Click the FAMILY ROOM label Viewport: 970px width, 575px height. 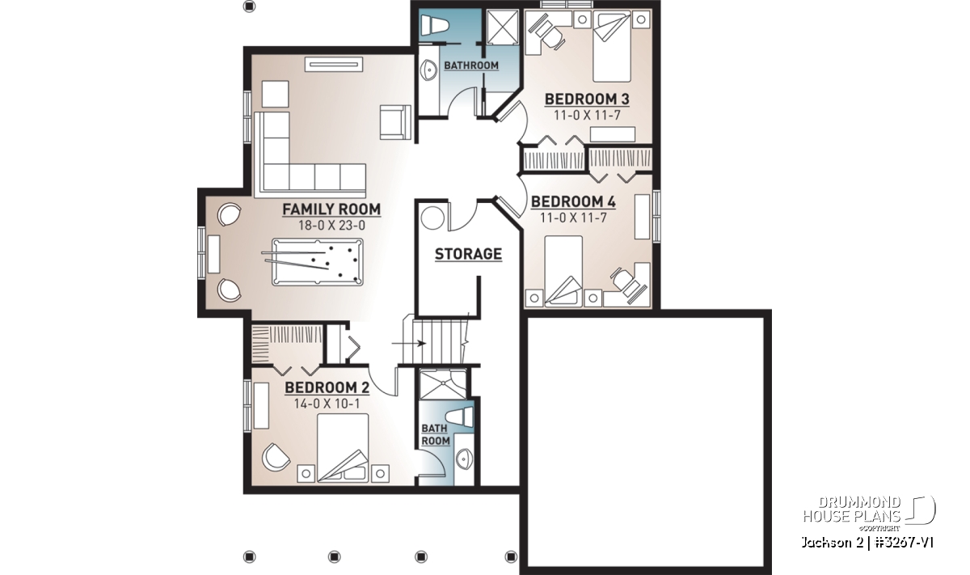tap(331, 209)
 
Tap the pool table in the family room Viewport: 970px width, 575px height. tap(318, 262)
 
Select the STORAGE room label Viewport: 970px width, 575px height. tap(468, 254)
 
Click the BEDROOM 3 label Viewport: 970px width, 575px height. tap(587, 99)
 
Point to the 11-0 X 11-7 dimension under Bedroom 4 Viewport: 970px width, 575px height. tap(573, 218)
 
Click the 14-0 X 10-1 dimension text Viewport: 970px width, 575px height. tap(327, 404)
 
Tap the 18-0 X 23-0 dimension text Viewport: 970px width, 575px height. tap(331, 226)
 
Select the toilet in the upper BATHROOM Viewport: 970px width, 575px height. tap(434, 24)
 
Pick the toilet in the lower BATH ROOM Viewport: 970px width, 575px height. tap(459, 417)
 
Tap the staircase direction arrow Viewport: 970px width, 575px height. tap(409, 344)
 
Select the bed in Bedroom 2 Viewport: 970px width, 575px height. tap(343, 448)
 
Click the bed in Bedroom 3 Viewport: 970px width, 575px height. tap(611, 46)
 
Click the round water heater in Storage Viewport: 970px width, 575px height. tap(432, 218)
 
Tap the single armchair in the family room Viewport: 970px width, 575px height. tap(395, 122)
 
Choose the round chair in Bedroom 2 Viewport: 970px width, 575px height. tap(276, 457)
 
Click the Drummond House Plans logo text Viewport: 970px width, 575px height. tap(852, 509)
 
